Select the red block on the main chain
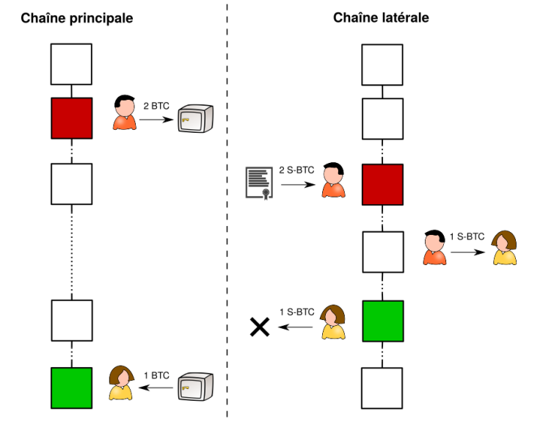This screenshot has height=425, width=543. tap(71, 118)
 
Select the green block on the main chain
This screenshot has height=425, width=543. tap(71, 388)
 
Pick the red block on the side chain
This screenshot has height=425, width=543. tap(382, 184)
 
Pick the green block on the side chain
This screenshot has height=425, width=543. tap(382, 322)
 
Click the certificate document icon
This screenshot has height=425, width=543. tap(258, 183)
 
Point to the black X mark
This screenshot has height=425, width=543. tap(259, 327)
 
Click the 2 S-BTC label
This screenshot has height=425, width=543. tap(296, 170)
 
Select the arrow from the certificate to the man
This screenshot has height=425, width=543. tap(296, 185)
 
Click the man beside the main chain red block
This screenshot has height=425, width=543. tap(125, 114)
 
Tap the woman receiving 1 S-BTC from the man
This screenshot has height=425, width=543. tap(504, 248)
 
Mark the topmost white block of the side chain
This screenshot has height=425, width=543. tap(382, 65)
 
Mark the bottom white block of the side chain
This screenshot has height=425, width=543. tap(382, 388)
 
